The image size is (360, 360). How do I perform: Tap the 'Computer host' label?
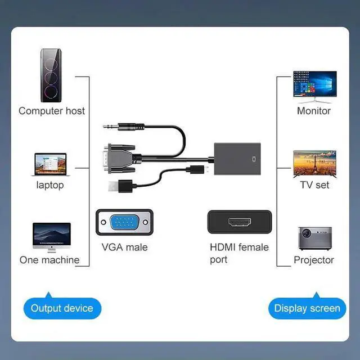[52, 111]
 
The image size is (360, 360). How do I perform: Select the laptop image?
[50, 165]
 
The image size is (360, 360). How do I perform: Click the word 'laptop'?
[50, 185]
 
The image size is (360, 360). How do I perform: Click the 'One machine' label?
[49, 260]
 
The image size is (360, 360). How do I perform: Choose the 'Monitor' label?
[314, 111]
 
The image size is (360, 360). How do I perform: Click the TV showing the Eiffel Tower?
[314, 163]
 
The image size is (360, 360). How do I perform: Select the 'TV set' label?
[314, 184]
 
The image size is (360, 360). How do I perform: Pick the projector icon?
[314, 238]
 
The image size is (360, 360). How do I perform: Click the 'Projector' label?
[314, 260]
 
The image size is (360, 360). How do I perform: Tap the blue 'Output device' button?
[62, 308]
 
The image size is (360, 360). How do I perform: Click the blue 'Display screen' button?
[307, 308]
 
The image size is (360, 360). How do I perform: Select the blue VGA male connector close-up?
[124, 223]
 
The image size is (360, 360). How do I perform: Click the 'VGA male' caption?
[124, 247]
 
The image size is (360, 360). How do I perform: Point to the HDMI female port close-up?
[240, 222]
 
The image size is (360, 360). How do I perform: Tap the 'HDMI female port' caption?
[239, 253]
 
